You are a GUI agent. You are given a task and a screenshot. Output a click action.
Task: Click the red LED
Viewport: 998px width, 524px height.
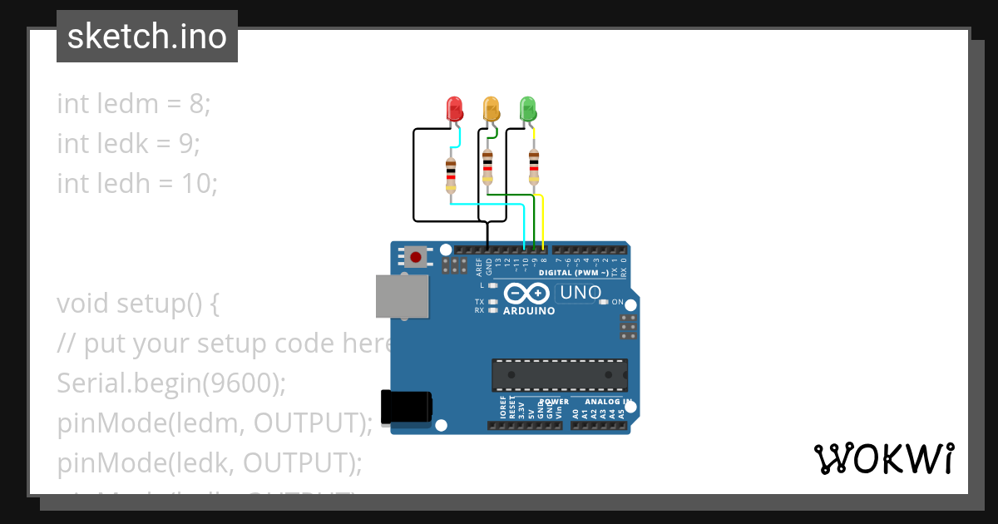point(454,108)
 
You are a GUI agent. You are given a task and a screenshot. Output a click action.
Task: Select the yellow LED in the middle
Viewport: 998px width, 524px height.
point(492,108)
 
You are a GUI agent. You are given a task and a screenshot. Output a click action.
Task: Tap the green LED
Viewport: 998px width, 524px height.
point(528,108)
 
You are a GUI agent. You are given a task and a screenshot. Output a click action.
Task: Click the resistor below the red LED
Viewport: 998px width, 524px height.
point(451,175)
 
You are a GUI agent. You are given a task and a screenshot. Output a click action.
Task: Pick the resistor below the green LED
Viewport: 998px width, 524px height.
point(534,168)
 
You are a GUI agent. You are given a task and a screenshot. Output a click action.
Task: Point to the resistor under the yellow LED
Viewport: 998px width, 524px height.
point(487,168)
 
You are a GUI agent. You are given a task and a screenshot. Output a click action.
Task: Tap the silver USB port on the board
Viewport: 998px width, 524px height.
point(403,296)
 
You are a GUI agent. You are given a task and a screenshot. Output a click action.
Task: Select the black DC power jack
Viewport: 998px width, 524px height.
point(406,407)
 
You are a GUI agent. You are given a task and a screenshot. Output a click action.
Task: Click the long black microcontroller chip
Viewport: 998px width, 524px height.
point(560,375)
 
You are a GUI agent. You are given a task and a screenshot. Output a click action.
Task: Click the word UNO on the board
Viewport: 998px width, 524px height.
point(581,293)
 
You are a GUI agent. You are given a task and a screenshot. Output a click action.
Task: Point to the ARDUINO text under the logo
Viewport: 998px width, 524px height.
point(529,311)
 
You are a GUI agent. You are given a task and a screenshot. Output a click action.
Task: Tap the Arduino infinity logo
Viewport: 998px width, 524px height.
point(526,294)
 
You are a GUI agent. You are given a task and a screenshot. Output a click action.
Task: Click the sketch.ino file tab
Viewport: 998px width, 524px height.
point(147,37)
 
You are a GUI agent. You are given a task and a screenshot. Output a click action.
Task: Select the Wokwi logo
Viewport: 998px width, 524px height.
point(883,459)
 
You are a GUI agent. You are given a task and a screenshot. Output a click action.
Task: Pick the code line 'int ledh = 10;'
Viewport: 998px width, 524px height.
point(137,182)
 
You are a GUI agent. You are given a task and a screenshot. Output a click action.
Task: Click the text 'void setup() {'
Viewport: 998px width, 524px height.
point(138,304)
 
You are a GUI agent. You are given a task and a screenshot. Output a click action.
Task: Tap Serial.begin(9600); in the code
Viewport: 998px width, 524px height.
point(171,383)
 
